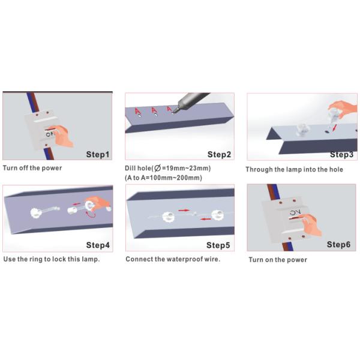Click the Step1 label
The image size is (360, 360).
click(x=98, y=155)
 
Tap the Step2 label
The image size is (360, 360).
click(x=219, y=155)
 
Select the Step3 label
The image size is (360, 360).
click(x=341, y=155)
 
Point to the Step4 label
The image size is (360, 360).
click(x=98, y=245)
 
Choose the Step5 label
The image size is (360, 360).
click(x=218, y=245)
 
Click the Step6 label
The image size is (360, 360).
click(x=338, y=245)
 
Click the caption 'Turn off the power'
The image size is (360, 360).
click(x=32, y=168)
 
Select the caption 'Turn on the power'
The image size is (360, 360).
click(x=278, y=260)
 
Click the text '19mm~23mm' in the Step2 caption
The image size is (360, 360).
click(x=187, y=168)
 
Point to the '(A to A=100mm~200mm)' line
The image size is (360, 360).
click(x=163, y=178)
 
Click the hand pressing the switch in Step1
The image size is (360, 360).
click(x=62, y=136)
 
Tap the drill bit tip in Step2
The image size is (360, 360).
click(x=173, y=112)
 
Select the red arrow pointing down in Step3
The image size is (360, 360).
click(x=335, y=128)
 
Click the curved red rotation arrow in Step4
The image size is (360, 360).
click(x=90, y=215)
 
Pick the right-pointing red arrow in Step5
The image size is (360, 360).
click(x=184, y=210)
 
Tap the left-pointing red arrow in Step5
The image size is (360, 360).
click(x=205, y=219)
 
